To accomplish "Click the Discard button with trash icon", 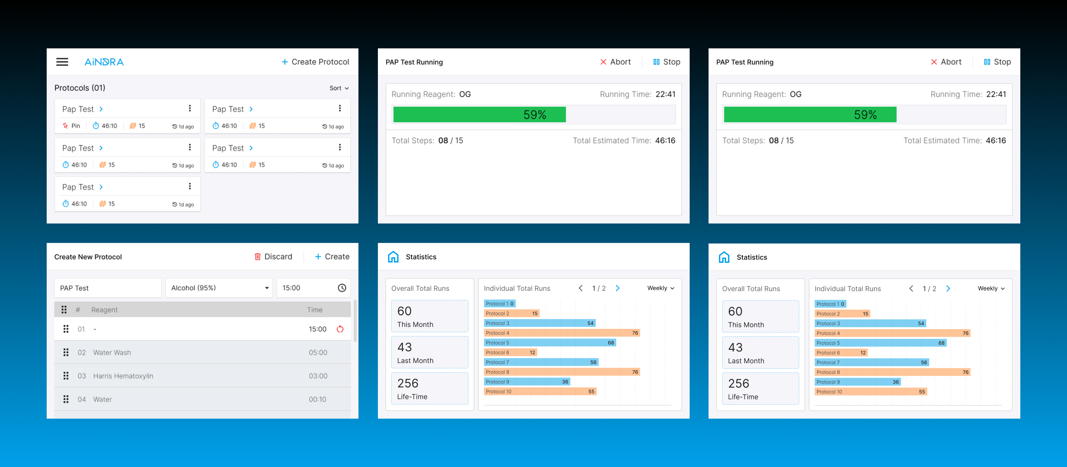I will tap(273, 257).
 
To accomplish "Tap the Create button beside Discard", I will tap(332, 257).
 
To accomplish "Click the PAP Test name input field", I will tap(108, 288).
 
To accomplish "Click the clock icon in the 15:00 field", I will tap(342, 288).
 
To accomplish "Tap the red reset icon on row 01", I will tap(340, 329).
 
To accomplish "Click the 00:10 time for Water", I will tap(317, 399).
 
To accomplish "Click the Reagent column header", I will tap(104, 310).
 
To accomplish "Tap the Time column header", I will tap(314, 310).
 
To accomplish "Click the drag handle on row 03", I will tap(66, 376).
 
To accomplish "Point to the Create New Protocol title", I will tap(88, 257).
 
